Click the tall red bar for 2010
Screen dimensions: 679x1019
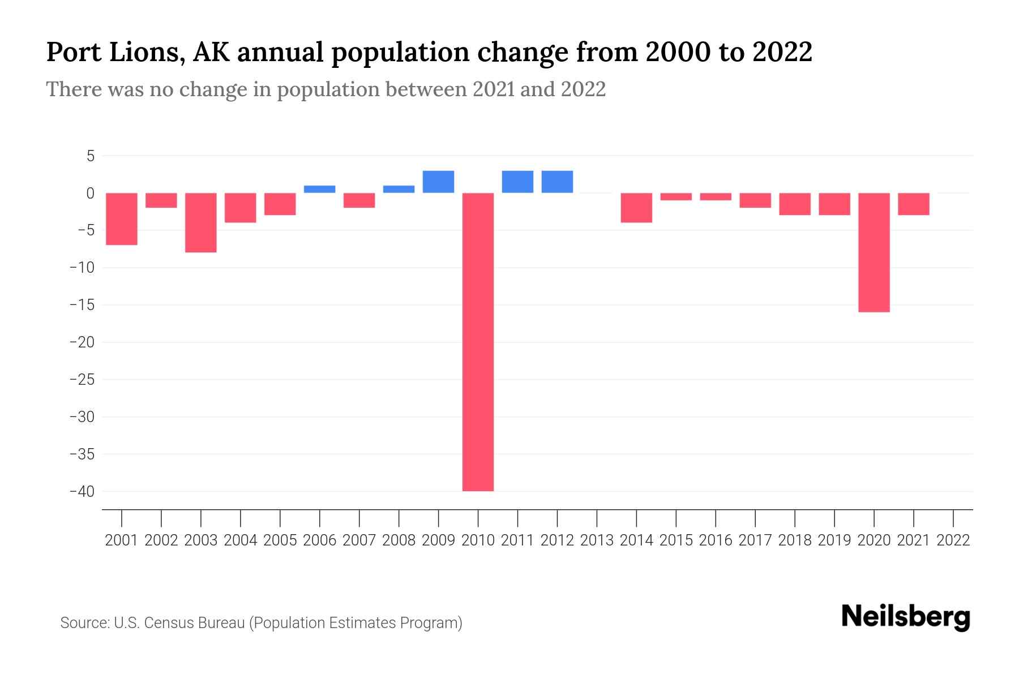pos(478,342)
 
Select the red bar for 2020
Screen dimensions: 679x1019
pos(874,252)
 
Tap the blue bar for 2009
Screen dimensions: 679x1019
pos(438,182)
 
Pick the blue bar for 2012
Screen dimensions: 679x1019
pos(557,182)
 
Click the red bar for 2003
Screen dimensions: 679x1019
pos(201,222)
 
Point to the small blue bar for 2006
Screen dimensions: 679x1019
pos(319,189)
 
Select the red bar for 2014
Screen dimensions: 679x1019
pos(636,208)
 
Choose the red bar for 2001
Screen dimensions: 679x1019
pos(122,219)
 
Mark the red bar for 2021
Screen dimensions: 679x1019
pos(913,204)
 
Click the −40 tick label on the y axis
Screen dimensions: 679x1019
pos(82,491)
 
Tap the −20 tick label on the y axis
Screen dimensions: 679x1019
pos(82,342)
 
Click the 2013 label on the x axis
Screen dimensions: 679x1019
pos(597,540)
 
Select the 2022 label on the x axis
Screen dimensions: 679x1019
pos(953,540)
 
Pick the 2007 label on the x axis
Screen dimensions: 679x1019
pos(359,540)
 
